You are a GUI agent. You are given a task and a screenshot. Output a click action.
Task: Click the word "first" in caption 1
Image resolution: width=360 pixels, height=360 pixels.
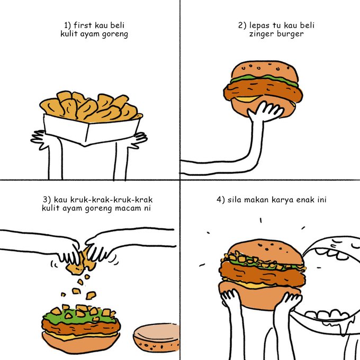click(x=83, y=25)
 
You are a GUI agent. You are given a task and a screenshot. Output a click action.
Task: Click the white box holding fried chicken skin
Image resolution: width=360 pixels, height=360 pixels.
click(x=91, y=130)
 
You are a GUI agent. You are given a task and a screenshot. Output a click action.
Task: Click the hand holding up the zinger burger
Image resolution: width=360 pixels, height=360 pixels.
click(x=265, y=112)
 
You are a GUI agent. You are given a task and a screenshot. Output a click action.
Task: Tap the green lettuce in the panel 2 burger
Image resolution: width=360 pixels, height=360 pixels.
click(x=264, y=79)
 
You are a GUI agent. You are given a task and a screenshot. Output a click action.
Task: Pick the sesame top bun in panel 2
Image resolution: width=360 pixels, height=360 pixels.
click(x=264, y=69)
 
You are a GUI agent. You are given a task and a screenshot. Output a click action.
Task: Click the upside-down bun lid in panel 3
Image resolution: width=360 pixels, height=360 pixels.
click(x=156, y=338)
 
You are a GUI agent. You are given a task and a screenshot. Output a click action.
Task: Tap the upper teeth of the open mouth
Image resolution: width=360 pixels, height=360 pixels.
click(x=330, y=253)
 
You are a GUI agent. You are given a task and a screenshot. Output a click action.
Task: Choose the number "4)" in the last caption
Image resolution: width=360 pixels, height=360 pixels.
click(x=221, y=200)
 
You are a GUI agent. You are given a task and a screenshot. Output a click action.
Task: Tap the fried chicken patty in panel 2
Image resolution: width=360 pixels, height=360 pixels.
click(x=263, y=90)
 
